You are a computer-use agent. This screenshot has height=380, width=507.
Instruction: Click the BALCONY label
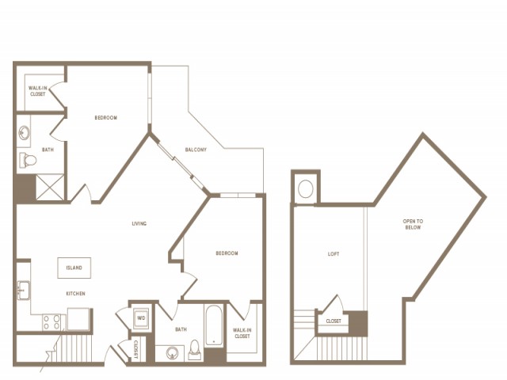click(x=196, y=150)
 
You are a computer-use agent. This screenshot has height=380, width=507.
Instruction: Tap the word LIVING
click(x=139, y=223)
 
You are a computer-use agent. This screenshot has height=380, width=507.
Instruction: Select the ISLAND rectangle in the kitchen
click(x=74, y=268)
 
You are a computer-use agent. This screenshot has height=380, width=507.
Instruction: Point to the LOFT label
click(x=334, y=254)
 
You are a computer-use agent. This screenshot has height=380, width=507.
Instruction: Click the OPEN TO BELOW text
click(x=413, y=224)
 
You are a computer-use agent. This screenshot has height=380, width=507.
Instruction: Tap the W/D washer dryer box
click(x=142, y=317)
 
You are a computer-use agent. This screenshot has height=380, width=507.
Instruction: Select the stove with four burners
click(x=51, y=321)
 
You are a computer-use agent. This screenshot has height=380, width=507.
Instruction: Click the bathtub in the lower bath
click(x=215, y=326)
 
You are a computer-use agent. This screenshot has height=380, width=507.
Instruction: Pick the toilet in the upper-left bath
click(x=29, y=160)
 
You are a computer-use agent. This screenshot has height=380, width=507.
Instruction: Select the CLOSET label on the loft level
click(x=334, y=321)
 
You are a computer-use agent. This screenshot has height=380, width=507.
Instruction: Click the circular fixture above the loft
click(x=305, y=189)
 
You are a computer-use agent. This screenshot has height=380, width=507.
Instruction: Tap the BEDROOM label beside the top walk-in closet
click(x=106, y=118)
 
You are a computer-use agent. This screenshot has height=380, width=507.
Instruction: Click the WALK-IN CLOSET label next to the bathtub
click(x=242, y=332)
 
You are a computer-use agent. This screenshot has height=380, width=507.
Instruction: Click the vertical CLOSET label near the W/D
click(x=135, y=349)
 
